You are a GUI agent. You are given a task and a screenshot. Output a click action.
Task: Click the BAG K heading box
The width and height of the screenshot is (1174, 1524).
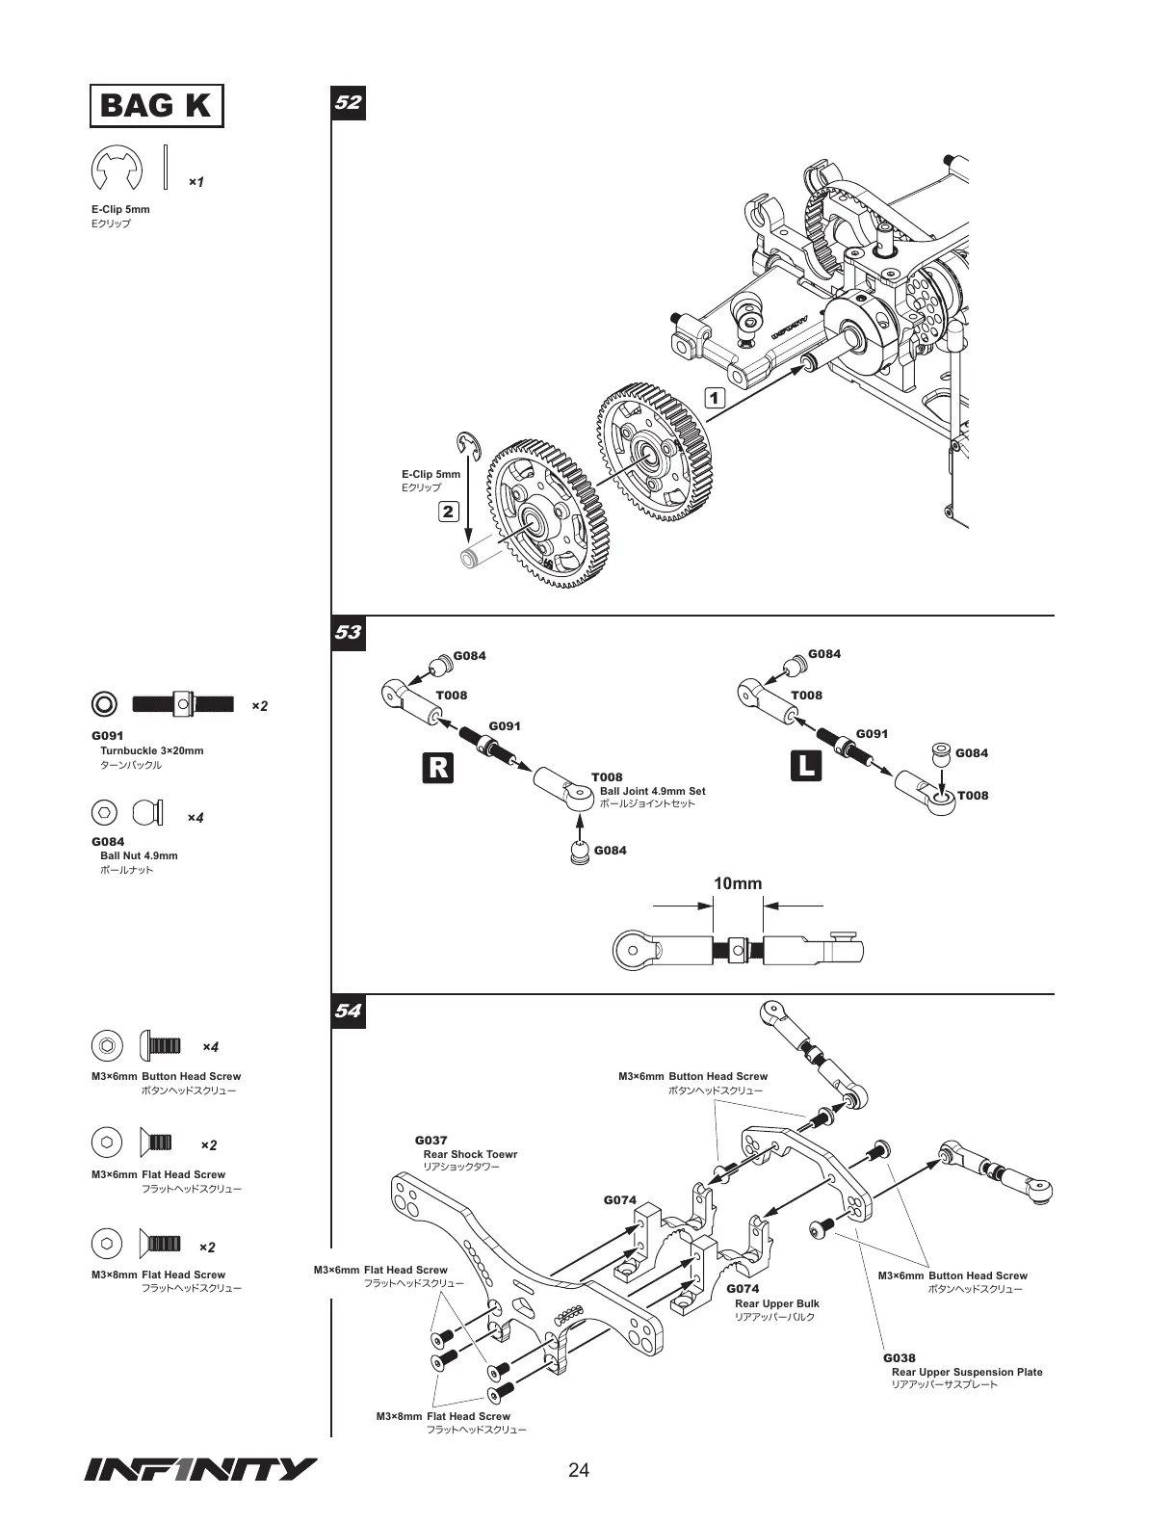click(156, 105)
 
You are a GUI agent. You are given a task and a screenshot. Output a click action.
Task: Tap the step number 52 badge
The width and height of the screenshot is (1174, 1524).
click(348, 101)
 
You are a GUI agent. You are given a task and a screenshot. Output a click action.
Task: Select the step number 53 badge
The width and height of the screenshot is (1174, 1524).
click(348, 632)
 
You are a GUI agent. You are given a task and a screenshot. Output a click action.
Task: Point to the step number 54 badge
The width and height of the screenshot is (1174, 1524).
click(348, 1011)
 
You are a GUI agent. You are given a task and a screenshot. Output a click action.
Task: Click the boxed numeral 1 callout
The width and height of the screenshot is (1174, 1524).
click(714, 397)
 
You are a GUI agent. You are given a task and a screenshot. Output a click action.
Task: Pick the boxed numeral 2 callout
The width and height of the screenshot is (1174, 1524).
click(448, 511)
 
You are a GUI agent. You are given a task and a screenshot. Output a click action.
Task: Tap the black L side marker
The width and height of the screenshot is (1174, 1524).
click(806, 767)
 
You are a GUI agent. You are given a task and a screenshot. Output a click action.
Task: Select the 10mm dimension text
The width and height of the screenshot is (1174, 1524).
click(738, 883)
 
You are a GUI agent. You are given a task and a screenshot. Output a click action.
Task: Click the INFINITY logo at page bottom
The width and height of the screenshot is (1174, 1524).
click(200, 1469)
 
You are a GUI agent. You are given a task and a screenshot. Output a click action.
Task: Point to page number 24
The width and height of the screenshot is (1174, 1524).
click(579, 1470)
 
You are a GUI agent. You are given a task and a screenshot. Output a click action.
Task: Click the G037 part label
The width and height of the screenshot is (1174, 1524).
click(431, 1141)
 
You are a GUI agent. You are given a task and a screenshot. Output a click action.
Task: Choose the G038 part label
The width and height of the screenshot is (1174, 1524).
click(900, 1358)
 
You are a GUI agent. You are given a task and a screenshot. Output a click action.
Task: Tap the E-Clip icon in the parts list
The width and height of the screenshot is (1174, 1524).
click(117, 171)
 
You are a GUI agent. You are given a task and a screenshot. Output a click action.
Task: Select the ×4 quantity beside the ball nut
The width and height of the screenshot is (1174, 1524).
click(196, 818)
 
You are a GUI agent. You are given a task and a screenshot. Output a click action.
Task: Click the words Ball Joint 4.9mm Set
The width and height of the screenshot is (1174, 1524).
click(652, 791)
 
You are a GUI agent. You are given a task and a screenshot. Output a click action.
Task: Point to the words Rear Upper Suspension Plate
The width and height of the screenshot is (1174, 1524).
click(967, 1372)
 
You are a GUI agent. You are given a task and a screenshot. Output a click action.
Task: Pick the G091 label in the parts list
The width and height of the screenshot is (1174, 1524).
click(108, 736)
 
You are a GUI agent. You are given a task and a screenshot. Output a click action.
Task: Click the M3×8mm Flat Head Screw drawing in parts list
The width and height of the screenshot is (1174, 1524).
click(160, 1242)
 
